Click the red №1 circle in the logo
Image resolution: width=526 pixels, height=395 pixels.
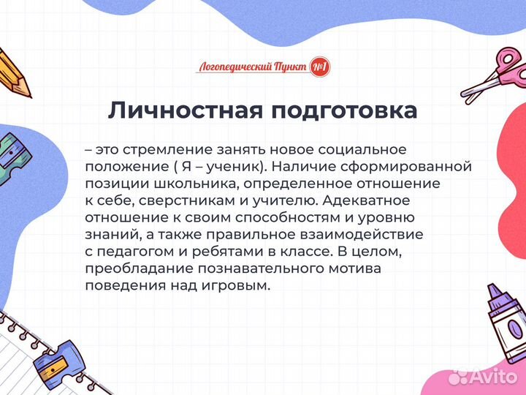[319, 67]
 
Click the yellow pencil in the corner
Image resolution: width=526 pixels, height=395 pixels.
[13, 72]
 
